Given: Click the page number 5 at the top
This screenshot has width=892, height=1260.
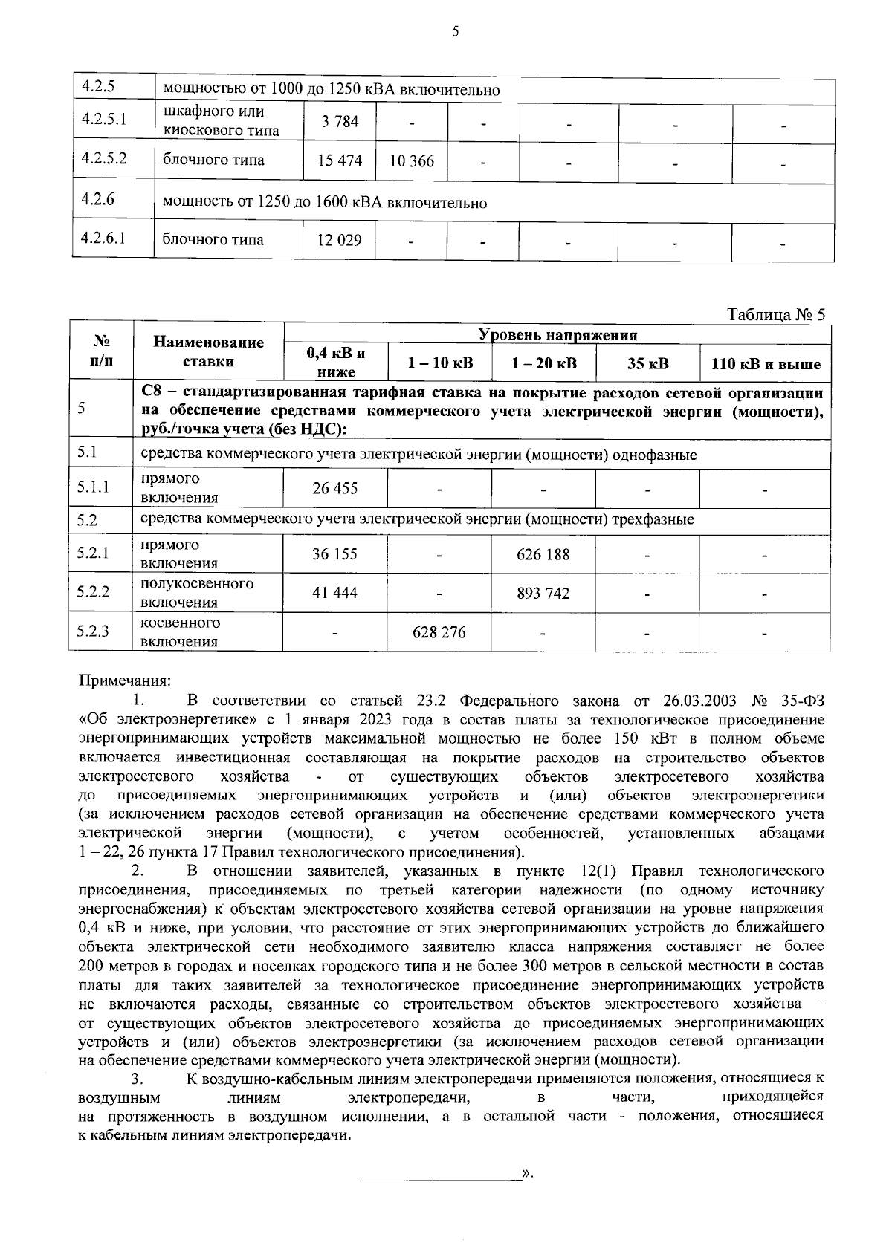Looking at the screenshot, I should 455,31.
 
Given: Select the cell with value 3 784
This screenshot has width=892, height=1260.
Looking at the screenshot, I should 340,121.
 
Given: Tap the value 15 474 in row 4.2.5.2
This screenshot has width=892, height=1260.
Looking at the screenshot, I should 340,161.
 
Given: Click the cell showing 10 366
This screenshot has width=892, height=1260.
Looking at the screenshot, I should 411,161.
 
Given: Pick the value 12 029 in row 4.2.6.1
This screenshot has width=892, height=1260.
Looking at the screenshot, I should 339,241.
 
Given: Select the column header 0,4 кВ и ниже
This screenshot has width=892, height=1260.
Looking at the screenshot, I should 335,363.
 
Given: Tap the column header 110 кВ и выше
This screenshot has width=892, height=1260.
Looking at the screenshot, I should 766,364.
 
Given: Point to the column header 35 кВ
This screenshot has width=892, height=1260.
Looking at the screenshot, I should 647,364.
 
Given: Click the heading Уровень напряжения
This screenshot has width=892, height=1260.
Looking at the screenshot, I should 557,335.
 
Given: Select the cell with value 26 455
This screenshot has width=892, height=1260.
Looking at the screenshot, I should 335,488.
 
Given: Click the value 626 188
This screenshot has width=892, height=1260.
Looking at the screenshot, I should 543,554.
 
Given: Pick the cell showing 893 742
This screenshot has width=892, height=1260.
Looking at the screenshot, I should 543,593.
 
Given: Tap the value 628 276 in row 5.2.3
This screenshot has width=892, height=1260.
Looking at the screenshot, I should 439,632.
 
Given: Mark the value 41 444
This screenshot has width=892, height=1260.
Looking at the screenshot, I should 335,593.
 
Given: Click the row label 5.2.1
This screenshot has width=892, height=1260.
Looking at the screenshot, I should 93,553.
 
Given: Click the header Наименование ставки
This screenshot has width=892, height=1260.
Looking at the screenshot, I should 208,352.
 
